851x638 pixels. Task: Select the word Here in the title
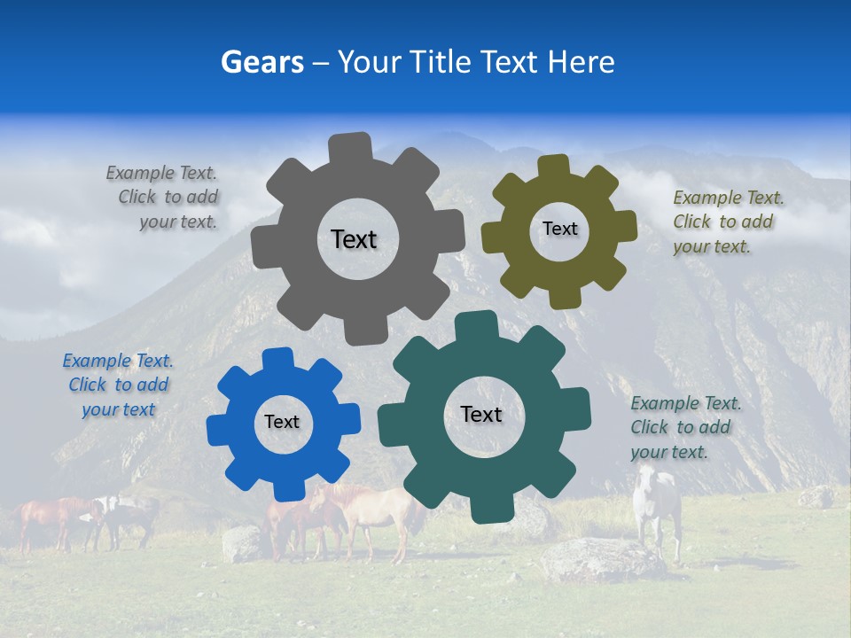[x=582, y=62]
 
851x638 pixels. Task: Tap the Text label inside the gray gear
[x=354, y=239]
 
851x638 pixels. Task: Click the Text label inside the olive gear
[x=559, y=229]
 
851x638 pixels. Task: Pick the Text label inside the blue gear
[x=282, y=422]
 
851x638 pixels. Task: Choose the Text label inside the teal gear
[x=481, y=414]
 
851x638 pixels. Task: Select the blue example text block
[x=118, y=385]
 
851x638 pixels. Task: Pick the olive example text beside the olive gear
[x=727, y=222]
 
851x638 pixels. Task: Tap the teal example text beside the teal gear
[x=684, y=427]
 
